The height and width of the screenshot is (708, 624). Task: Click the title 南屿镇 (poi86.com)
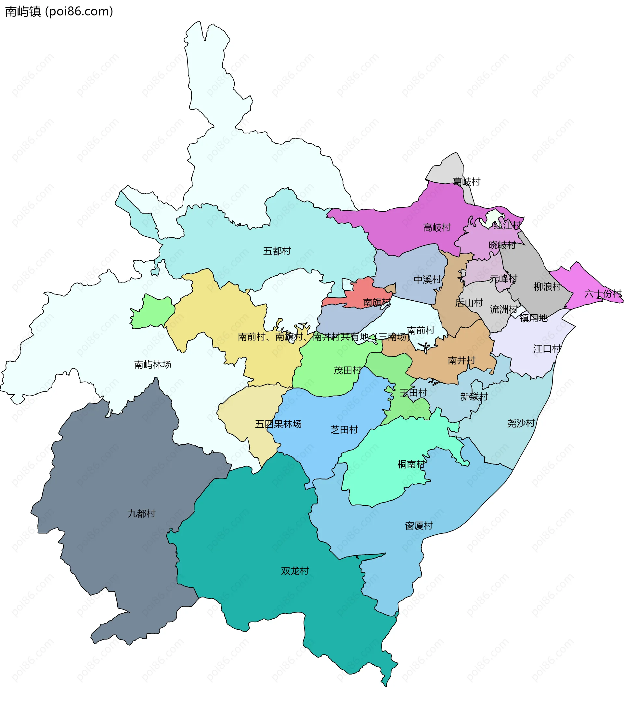(x=59, y=11)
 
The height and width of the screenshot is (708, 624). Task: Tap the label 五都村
(x=277, y=251)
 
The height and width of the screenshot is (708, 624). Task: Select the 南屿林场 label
(x=152, y=364)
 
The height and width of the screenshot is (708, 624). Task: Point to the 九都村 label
(x=141, y=513)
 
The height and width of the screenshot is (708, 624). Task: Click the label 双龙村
(x=295, y=571)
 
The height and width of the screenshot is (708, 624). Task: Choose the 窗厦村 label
(x=419, y=526)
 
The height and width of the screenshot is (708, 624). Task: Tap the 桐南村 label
(x=411, y=464)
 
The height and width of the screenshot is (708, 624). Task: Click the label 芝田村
(x=344, y=430)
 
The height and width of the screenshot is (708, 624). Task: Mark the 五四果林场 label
(x=278, y=424)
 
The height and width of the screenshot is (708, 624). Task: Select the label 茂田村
(x=347, y=370)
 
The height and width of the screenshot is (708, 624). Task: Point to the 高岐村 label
(x=437, y=228)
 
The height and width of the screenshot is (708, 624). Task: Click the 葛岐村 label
(x=466, y=181)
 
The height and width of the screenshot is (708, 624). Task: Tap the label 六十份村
(x=603, y=294)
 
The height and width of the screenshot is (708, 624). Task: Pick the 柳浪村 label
(x=547, y=286)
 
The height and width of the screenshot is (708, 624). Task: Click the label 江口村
(x=547, y=348)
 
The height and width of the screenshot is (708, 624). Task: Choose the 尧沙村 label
(x=521, y=423)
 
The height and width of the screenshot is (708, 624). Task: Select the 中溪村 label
(x=427, y=279)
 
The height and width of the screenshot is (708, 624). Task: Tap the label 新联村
(x=474, y=397)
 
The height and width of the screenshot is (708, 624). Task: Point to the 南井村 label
(x=461, y=361)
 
